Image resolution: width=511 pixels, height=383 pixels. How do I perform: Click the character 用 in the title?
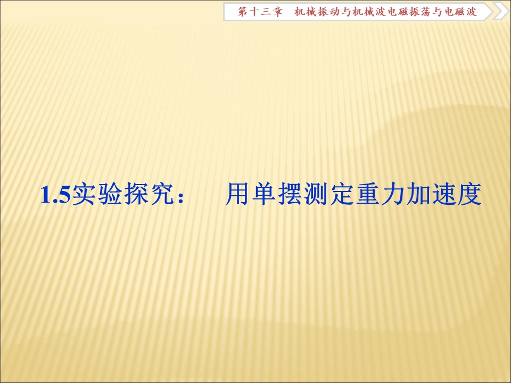coord(236,195)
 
